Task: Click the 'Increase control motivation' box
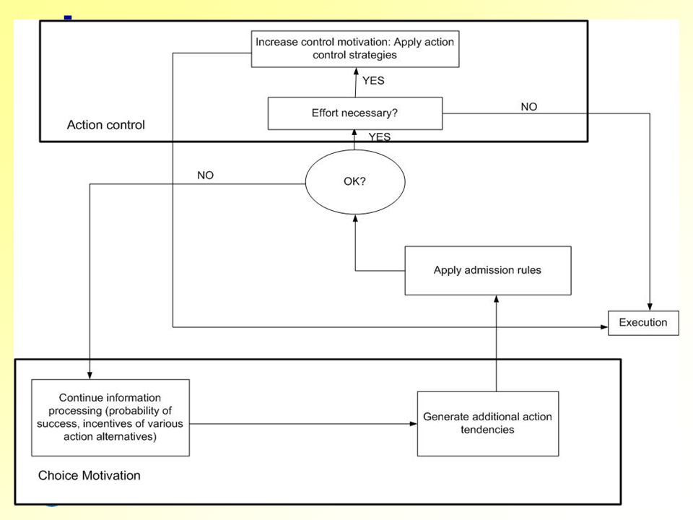click(355, 48)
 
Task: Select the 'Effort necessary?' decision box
click(355, 113)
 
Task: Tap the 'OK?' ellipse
click(355, 182)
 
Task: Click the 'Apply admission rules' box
click(488, 270)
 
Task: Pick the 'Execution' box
click(643, 323)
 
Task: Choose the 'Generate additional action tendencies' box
click(488, 424)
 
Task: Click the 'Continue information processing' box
click(110, 417)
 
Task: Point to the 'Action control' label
click(106, 125)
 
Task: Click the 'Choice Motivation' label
click(90, 475)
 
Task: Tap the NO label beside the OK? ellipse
click(206, 175)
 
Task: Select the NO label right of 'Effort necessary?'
click(529, 107)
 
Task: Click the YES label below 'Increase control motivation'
click(373, 80)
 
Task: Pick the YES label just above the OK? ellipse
click(380, 136)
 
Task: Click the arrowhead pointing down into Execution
click(650, 307)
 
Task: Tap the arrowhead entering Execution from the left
click(604, 327)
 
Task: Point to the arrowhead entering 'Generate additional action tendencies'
click(413, 424)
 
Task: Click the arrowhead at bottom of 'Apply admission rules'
click(497, 299)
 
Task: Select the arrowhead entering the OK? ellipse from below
click(355, 218)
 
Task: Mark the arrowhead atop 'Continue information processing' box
click(90, 376)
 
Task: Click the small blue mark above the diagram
click(68, 17)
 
